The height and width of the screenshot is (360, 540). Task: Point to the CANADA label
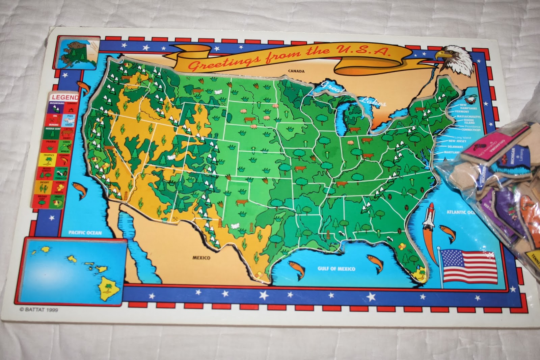296,71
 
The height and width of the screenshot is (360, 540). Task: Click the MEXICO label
201,258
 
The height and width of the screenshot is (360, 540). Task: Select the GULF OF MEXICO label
336,269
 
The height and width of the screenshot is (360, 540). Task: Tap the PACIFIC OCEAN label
85,232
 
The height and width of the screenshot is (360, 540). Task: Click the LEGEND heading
65,97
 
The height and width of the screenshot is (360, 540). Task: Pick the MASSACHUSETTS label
468,117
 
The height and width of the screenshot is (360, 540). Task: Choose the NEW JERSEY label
457,141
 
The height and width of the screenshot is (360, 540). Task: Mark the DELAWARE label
455,147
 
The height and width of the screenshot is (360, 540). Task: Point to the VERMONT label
461,111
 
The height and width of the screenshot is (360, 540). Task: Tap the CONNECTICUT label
470,130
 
